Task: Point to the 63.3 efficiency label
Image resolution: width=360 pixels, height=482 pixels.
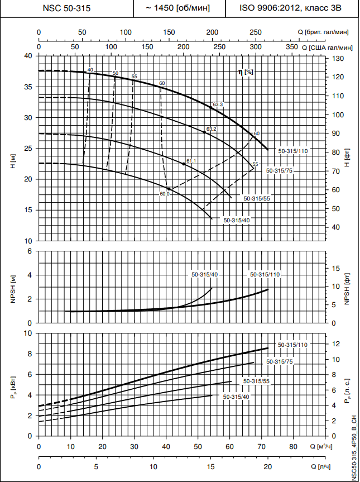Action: [x=218, y=104]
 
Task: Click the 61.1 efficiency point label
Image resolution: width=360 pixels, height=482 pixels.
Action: [x=191, y=161]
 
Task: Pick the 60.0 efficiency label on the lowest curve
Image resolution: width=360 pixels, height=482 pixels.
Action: [x=164, y=194]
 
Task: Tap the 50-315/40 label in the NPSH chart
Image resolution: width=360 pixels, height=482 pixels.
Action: [x=204, y=274]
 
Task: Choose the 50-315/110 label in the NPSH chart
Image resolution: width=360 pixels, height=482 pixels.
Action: [x=264, y=274]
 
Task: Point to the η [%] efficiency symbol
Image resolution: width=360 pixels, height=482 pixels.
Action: [x=246, y=72]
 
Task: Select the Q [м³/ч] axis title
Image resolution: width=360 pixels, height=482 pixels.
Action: [x=324, y=447]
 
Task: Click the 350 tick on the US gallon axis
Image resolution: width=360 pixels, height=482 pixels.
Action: [x=292, y=48]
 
